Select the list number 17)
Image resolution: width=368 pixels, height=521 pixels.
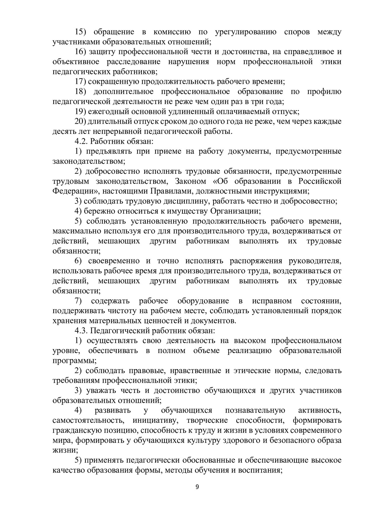pos(81,82)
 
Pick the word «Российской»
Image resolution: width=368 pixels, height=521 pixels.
pos(320,181)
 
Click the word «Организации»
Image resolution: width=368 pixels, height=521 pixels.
pos(235,211)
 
